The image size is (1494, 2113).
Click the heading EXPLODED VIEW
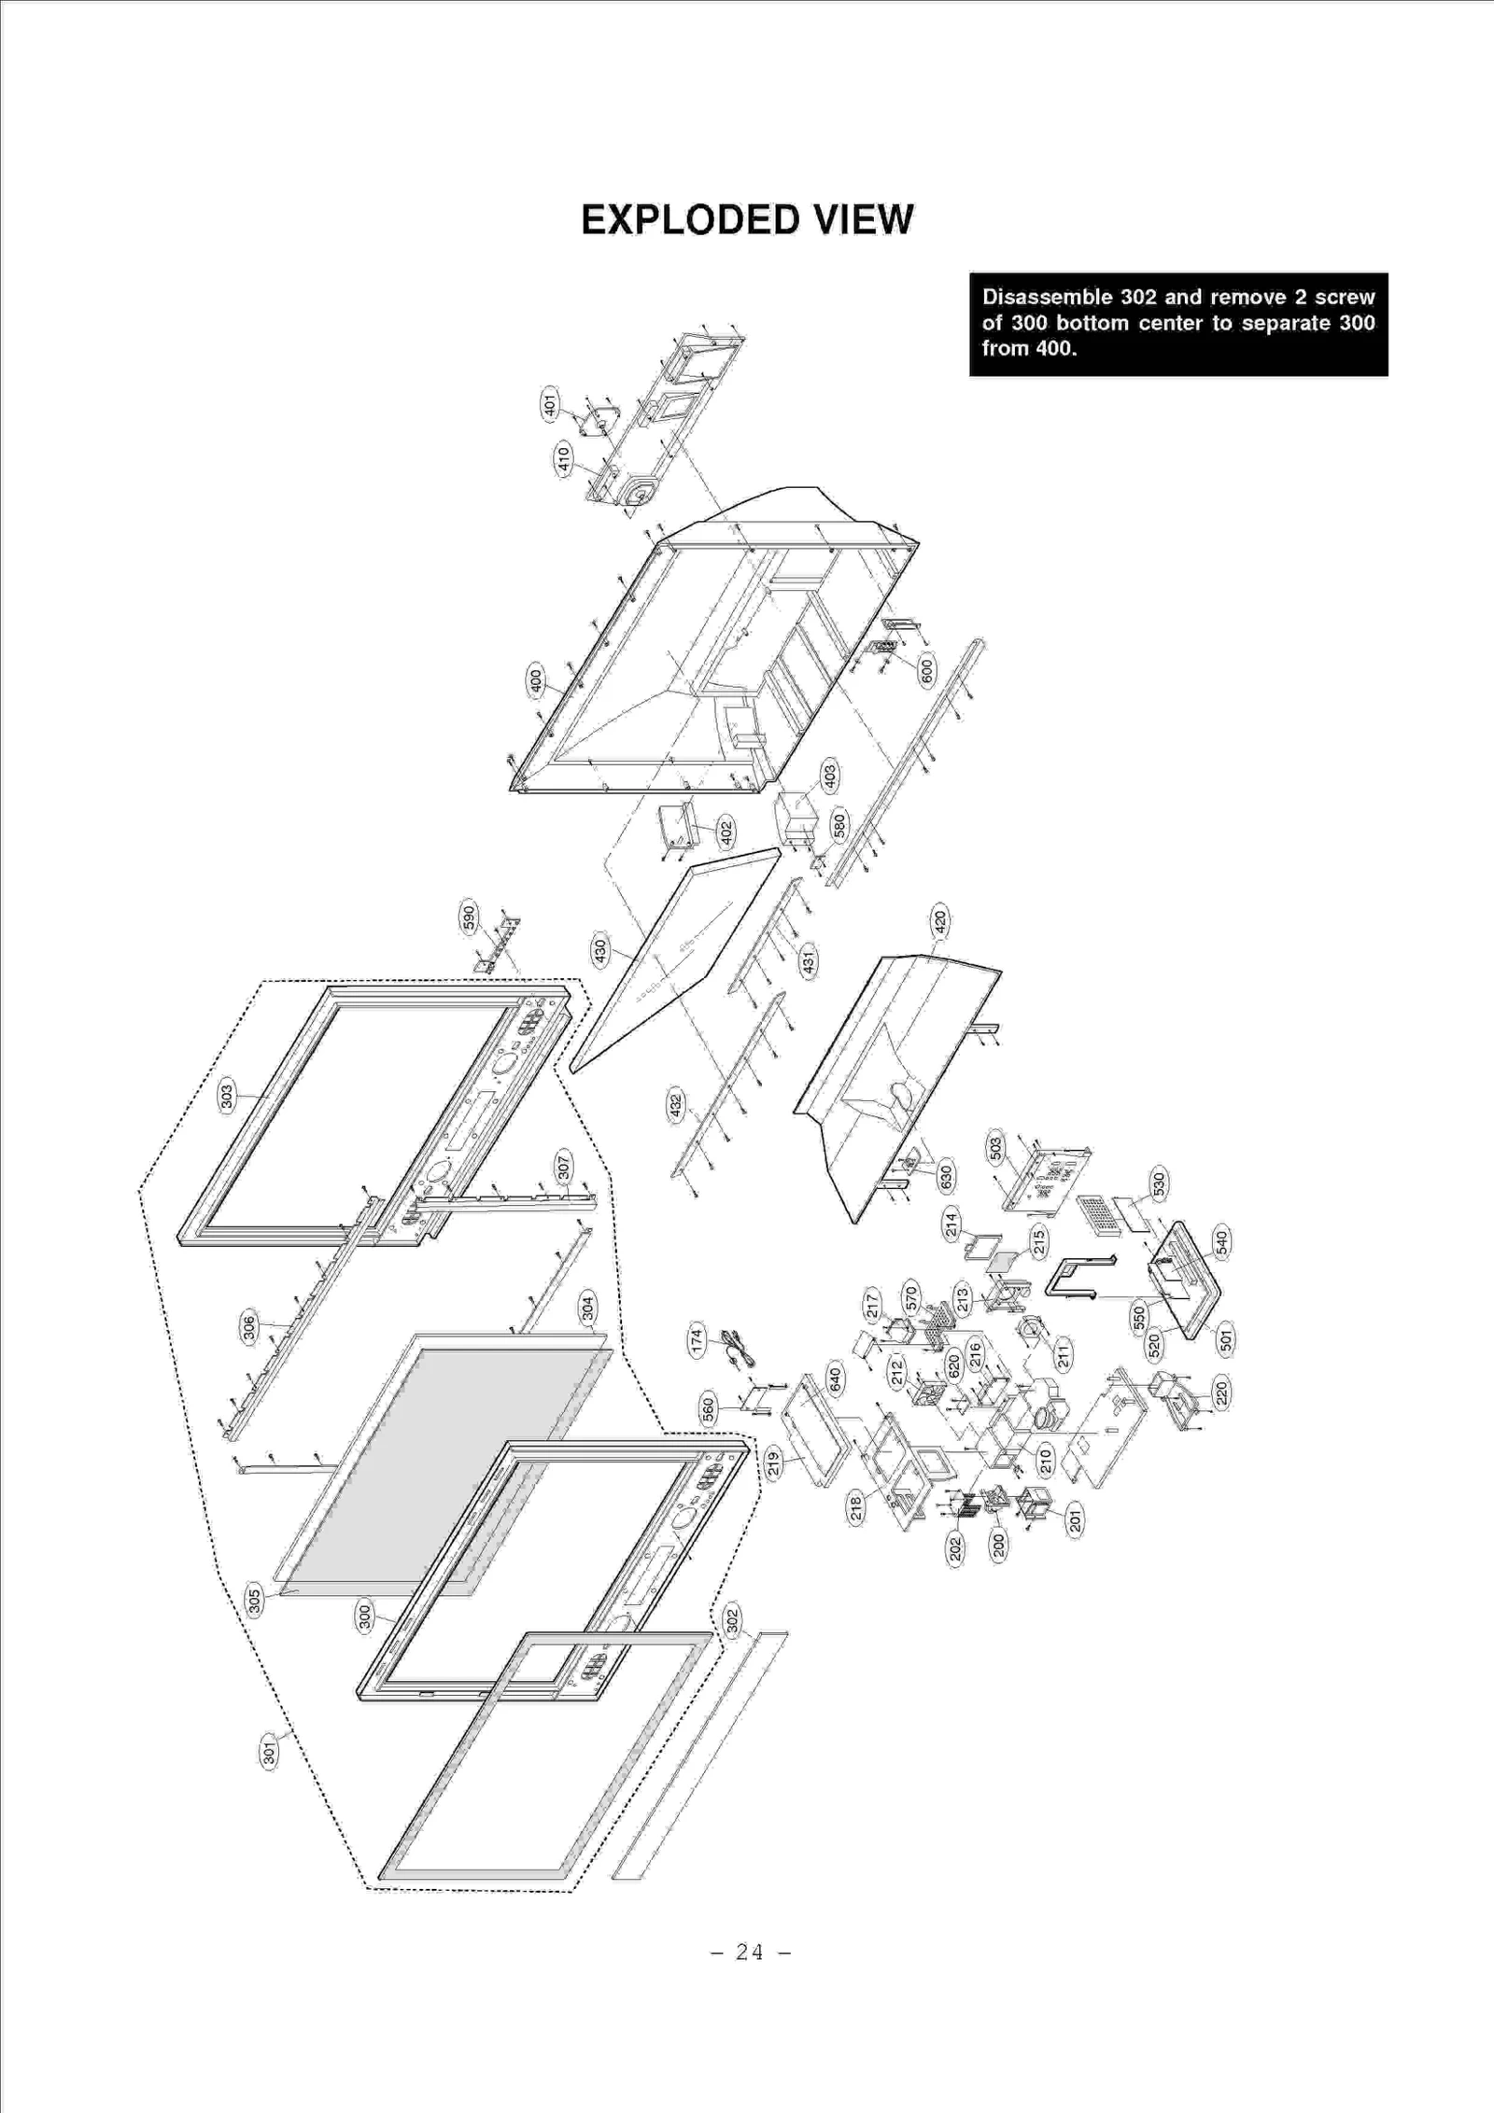[747, 220]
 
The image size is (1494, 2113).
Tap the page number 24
[749, 1952]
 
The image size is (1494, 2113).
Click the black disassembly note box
[1177, 324]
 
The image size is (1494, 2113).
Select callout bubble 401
[550, 404]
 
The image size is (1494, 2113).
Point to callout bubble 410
[563, 460]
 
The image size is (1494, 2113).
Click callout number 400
[535, 680]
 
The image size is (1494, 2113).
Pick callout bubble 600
[926, 670]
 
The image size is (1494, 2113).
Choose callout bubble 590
[469, 917]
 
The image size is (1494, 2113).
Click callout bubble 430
[600, 951]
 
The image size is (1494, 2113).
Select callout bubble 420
[940, 920]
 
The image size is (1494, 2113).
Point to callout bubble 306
[249, 1328]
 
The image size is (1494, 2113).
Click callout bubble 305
[253, 1598]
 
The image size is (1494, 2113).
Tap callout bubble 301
[269, 1753]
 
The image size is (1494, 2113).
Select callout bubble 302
[732, 1620]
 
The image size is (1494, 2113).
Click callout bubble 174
[697, 1340]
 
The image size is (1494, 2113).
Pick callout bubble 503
[996, 1148]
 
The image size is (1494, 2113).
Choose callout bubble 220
[1221, 1392]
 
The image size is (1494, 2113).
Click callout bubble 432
[676, 1105]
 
